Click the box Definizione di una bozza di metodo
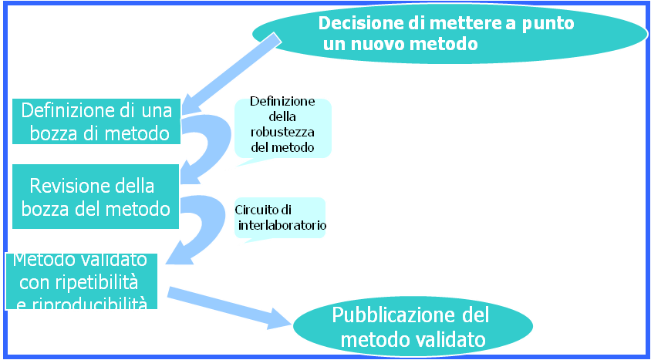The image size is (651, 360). point(96,121)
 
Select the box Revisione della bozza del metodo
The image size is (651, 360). point(96,197)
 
